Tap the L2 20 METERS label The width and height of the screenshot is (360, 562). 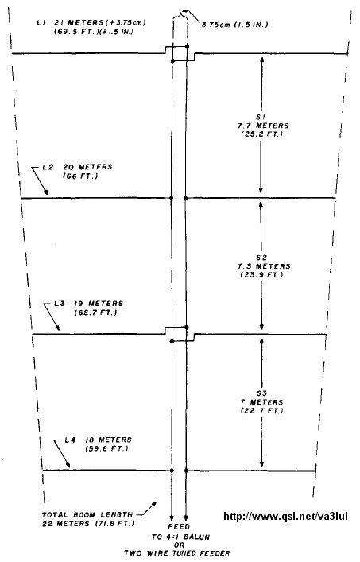77,167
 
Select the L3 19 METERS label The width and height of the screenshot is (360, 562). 89,303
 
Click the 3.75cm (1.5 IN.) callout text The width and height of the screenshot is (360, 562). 234,25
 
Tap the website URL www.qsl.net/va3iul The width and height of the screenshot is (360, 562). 285,516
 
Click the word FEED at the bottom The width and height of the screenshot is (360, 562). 179,527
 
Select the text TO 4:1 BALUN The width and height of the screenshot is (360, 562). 180,537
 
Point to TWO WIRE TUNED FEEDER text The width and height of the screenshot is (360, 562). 177,553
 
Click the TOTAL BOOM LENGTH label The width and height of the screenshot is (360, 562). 87,514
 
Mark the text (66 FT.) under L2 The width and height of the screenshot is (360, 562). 80,176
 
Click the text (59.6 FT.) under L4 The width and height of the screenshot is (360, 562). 106,449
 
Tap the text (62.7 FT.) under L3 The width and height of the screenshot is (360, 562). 95,312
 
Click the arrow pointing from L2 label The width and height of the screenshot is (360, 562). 40,180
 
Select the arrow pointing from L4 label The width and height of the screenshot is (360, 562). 62,454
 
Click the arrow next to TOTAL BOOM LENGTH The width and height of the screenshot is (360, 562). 148,508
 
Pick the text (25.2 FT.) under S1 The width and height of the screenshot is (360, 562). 261,135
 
